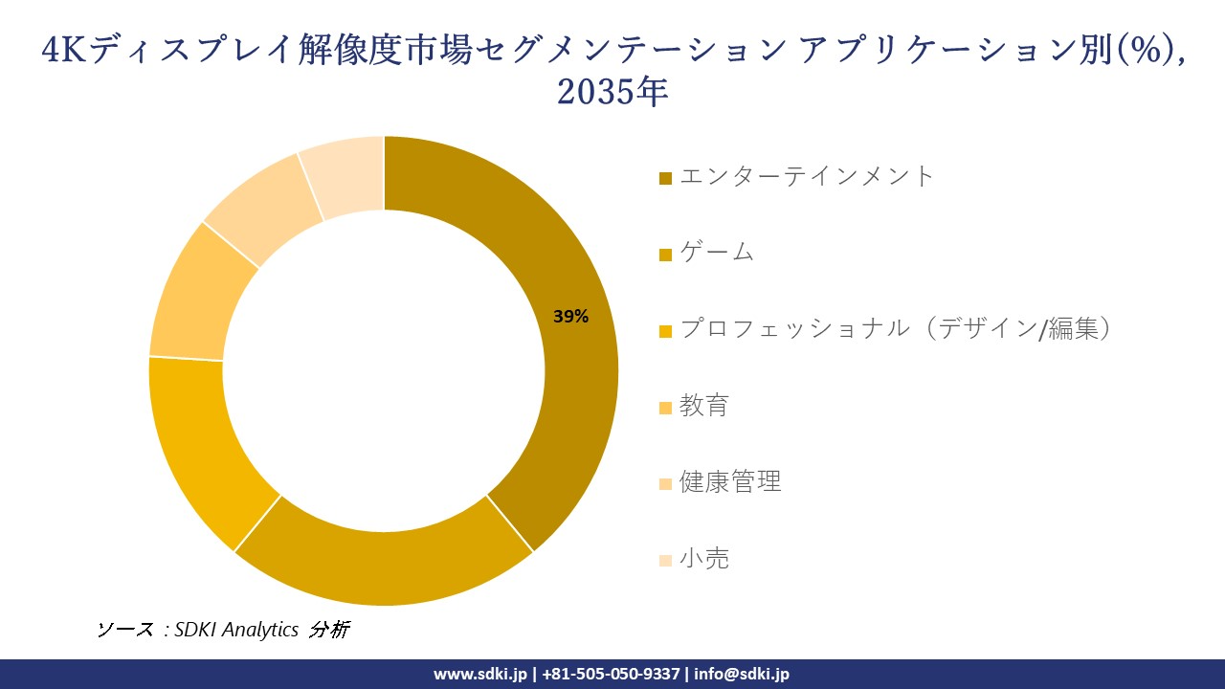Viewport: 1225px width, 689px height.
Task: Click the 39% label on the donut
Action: click(570, 317)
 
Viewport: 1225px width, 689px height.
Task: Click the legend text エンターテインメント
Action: click(806, 176)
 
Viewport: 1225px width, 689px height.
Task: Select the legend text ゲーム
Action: click(717, 253)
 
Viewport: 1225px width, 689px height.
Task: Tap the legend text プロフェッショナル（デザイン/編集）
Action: click(896, 329)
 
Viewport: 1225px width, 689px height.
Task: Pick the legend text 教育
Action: click(704, 406)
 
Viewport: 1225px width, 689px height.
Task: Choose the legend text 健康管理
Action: click(730, 482)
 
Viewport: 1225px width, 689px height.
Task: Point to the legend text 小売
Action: click(704, 559)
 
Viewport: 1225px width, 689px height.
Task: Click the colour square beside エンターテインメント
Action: click(666, 178)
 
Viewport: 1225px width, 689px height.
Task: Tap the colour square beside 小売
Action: click(666, 561)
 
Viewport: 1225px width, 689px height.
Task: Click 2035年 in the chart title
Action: click(612, 93)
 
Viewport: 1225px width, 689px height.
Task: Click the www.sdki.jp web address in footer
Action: click(481, 674)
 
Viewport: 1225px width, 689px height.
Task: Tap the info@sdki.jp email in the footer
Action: click(743, 674)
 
